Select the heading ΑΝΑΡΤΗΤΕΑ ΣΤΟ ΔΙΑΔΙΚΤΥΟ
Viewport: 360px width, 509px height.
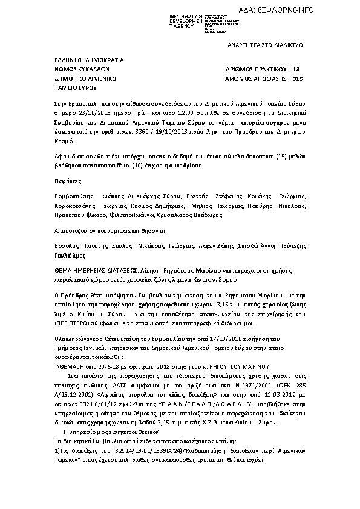(265, 45)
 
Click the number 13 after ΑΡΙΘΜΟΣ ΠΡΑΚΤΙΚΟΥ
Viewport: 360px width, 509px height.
(296, 70)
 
